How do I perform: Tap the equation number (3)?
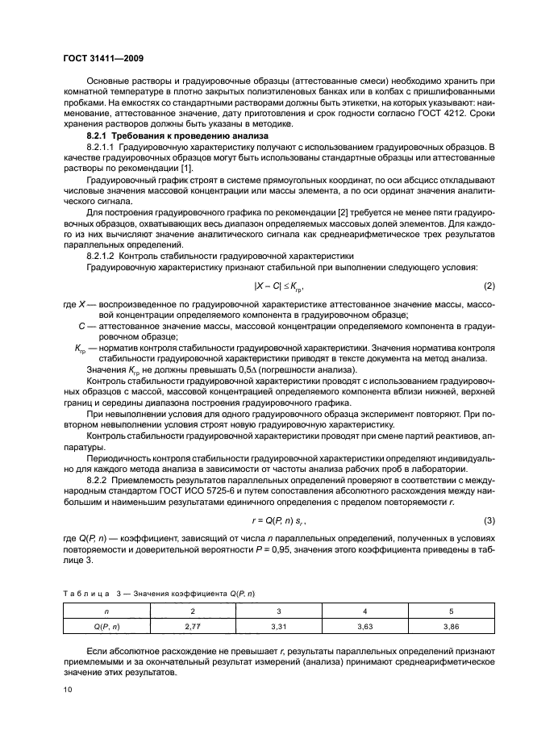(x=488, y=521)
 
